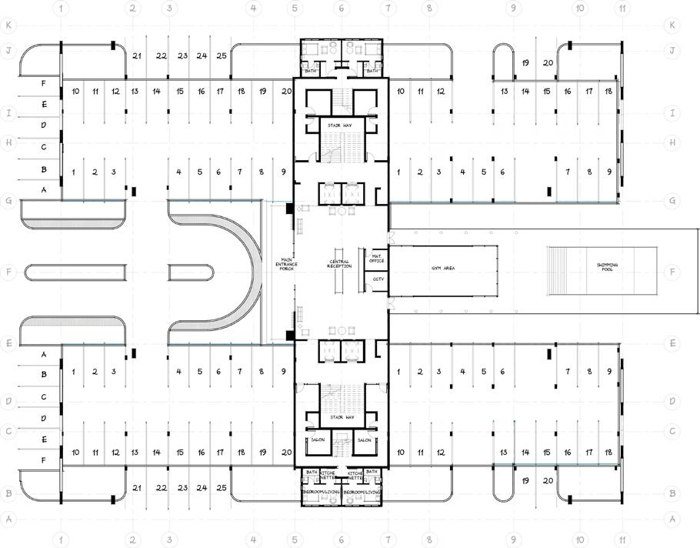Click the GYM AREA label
(441, 272)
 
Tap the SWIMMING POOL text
(608, 266)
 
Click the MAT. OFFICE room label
(378, 257)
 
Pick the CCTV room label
(378, 279)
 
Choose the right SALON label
(365, 440)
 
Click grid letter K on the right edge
(673, 25)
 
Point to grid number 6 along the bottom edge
(342, 541)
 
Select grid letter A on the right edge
(673, 520)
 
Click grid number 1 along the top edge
(62, 8)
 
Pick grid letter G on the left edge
(8, 200)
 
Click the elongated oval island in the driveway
(118, 272)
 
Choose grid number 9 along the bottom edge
(512, 541)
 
